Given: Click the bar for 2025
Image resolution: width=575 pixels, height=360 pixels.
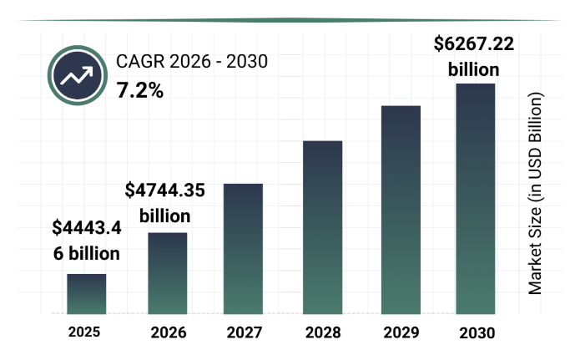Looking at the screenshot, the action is [x=87, y=294].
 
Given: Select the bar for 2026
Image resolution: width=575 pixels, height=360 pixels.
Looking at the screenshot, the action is [x=168, y=273].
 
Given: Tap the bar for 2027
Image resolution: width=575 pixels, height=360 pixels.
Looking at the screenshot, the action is [x=243, y=249].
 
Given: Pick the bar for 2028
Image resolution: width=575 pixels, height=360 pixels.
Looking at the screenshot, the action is [x=323, y=227].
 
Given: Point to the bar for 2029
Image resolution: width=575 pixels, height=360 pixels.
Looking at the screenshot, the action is [x=401, y=210].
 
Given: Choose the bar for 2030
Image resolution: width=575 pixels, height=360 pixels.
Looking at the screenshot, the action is [x=476, y=199].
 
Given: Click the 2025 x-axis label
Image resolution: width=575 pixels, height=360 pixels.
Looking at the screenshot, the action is [x=84, y=332].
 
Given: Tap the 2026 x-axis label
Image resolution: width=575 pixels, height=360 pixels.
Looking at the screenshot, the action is [x=169, y=332].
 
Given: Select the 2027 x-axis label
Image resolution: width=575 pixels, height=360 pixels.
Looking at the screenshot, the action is [x=245, y=332].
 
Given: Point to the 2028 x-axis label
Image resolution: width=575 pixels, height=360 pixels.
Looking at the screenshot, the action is [x=323, y=332].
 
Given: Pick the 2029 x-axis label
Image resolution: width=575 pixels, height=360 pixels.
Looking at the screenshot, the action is [x=401, y=332].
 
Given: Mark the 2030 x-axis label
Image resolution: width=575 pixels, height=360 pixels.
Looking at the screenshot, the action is [x=477, y=333].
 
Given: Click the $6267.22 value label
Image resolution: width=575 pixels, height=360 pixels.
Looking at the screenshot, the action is [x=474, y=43].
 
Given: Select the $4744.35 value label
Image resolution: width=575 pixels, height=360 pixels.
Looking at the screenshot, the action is [x=164, y=190].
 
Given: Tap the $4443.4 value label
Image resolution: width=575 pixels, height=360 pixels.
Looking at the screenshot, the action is [x=87, y=227].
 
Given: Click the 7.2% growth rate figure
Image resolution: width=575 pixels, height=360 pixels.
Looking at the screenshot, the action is [x=139, y=90].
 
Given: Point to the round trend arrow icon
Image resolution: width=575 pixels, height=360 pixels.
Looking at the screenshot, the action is [x=78, y=75].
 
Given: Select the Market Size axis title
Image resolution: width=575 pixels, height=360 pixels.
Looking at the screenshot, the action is [x=535, y=194].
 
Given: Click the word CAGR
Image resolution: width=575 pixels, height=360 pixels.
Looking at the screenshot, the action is [x=140, y=61].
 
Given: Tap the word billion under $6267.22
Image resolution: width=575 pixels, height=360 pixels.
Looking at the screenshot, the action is [x=474, y=69].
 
